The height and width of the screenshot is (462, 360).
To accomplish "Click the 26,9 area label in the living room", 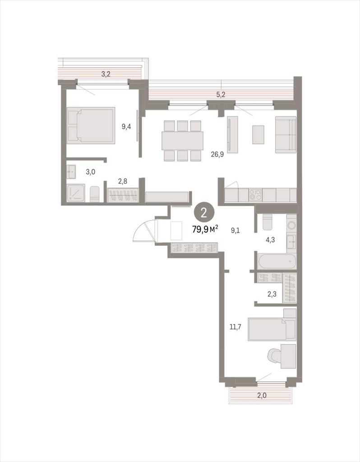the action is click(x=217, y=154).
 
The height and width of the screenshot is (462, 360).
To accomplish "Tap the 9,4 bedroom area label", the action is click(x=126, y=127).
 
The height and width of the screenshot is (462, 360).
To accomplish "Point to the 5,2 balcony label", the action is click(x=221, y=95).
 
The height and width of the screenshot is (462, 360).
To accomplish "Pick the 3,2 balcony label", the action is click(x=106, y=74).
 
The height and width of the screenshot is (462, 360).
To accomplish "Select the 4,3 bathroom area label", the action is click(x=270, y=240).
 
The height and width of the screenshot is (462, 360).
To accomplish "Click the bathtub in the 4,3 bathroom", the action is click(x=277, y=261).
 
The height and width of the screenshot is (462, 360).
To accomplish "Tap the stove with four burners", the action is click(x=255, y=195).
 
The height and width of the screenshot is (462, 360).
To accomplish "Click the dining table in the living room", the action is click(x=182, y=141).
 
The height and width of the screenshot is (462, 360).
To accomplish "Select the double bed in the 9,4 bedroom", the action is click(x=91, y=125).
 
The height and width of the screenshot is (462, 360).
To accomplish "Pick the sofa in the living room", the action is click(x=286, y=134).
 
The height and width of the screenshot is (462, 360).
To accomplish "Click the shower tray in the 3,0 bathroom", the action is click(x=76, y=193).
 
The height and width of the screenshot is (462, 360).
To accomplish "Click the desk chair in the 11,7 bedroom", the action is click(x=275, y=357).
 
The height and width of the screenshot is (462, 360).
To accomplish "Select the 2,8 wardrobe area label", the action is click(x=123, y=181).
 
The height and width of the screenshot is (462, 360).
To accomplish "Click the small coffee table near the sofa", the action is click(x=258, y=134).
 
